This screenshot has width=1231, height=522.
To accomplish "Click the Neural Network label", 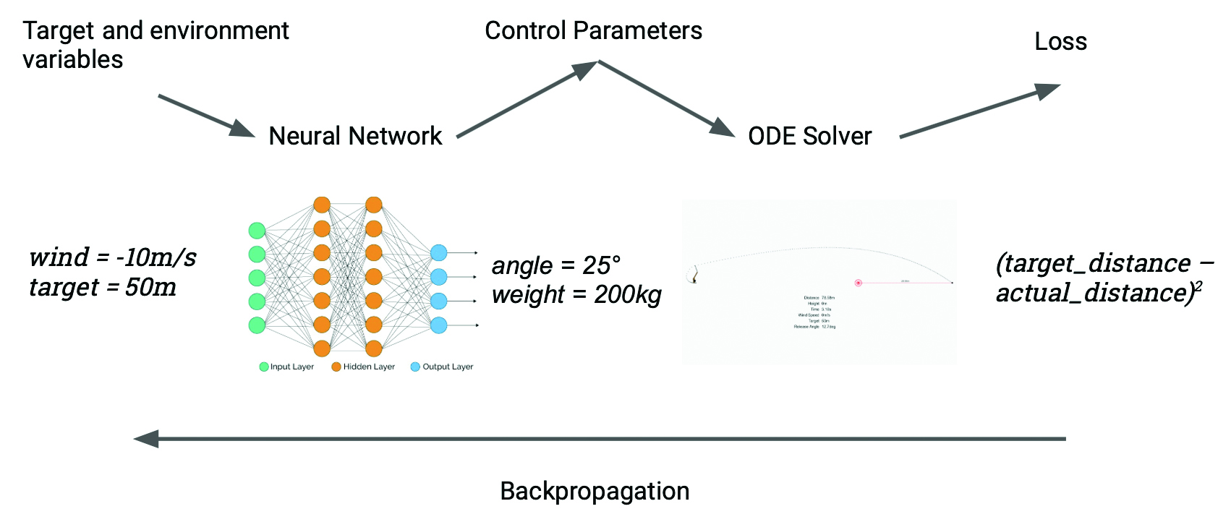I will pyautogui.click(x=355, y=136).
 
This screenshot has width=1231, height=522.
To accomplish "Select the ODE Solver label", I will pyautogui.click(x=809, y=136).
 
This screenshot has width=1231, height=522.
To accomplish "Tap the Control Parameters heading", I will pyautogui.click(x=593, y=31).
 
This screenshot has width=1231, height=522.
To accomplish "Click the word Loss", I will pyautogui.click(x=1060, y=42).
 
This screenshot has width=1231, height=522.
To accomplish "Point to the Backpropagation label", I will pyautogui.click(x=595, y=492).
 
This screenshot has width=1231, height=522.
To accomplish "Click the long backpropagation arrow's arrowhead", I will pyautogui.click(x=147, y=439).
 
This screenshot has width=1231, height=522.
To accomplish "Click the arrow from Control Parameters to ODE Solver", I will pyautogui.click(x=666, y=99).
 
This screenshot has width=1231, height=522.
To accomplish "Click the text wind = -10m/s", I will pyautogui.click(x=113, y=257).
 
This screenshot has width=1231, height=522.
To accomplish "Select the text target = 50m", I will pyautogui.click(x=103, y=288).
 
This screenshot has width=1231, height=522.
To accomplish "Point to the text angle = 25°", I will pyautogui.click(x=555, y=265).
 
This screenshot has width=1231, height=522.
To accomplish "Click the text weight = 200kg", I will pyautogui.click(x=576, y=295).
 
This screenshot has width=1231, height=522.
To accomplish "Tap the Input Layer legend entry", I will pyautogui.click(x=287, y=367).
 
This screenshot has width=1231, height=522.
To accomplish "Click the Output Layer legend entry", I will pyautogui.click(x=442, y=367).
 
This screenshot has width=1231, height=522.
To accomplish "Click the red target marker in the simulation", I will pyautogui.click(x=858, y=283).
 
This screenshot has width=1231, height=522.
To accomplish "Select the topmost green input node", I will pyautogui.click(x=257, y=231).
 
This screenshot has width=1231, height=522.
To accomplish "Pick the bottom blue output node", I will pyautogui.click(x=438, y=325).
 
